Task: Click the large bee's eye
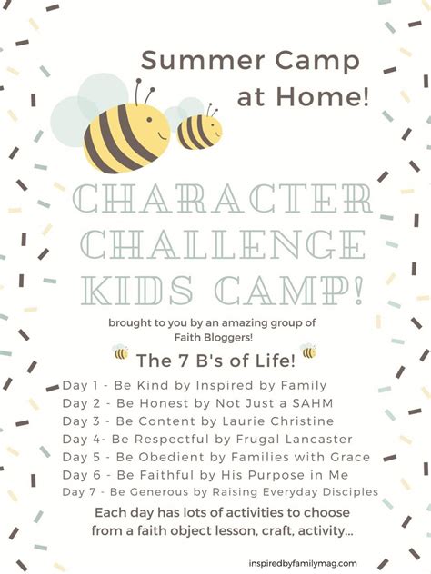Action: [x=149, y=120]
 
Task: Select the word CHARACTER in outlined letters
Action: [x=222, y=199]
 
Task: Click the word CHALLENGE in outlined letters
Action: [x=223, y=244]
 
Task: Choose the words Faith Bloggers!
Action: [x=214, y=337]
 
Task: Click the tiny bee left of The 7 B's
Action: [x=121, y=352]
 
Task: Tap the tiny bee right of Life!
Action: [x=308, y=351]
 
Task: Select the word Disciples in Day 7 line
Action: [x=350, y=491]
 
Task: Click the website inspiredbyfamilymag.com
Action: [x=303, y=563]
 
